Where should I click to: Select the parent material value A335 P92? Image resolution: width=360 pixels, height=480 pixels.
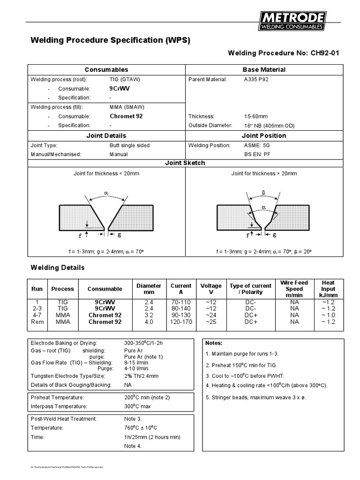(256, 79)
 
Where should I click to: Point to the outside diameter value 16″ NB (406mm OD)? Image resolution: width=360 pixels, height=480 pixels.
(269, 126)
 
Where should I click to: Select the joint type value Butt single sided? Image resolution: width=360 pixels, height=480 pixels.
(129, 145)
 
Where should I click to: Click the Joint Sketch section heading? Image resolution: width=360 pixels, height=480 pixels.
(185, 163)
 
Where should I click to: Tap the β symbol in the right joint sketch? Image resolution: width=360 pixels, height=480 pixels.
(264, 193)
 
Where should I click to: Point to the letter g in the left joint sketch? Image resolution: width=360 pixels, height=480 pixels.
(120, 234)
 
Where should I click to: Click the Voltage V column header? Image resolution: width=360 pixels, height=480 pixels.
(211, 289)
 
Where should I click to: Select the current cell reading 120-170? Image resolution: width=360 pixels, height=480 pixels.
(181, 322)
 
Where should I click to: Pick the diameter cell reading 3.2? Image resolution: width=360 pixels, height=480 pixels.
(149, 315)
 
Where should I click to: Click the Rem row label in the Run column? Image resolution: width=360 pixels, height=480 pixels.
(37, 322)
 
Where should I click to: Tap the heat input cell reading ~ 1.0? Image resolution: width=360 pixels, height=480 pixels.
(328, 315)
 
